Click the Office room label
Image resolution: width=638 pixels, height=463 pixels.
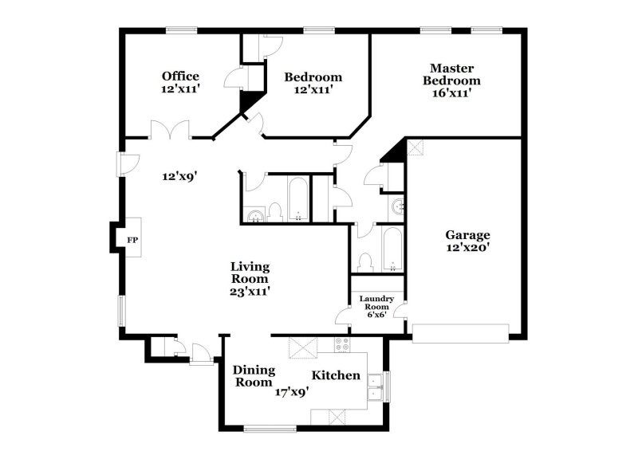pyautogui.click(x=180, y=77)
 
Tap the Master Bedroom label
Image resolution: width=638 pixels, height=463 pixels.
pyautogui.click(x=451, y=74)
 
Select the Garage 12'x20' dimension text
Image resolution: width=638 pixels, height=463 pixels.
pyautogui.click(x=467, y=247)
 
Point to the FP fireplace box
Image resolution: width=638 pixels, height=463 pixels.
pyautogui.click(x=132, y=238)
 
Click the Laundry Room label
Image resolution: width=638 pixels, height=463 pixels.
pyautogui.click(x=379, y=302)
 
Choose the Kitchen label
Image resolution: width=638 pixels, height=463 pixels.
pyautogui.click(x=336, y=375)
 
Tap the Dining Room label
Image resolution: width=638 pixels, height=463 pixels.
pyautogui.click(x=254, y=376)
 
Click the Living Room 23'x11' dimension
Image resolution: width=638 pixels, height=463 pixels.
pyautogui.click(x=250, y=292)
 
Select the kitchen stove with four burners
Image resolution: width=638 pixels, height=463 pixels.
pyautogui.click(x=342, y=345)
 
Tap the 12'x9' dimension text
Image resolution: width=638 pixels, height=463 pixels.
pyautogui.click(x=179, y=176)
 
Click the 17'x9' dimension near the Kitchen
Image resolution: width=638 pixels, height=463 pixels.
pyautogui.click(x=293, y=392)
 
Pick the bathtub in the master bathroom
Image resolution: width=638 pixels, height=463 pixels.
pyautogui.click(x=393, y=249)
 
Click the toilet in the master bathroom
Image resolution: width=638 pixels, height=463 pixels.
pyautogui.click(x=367, y=262)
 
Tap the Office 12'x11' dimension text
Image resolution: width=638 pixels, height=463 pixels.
pyautogui.click(x=180, y=89)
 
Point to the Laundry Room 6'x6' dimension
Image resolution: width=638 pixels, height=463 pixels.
pyautogui.click(x=376, y=315)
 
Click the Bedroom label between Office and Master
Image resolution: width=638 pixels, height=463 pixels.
pyautogui.click(x=313, y=77)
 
